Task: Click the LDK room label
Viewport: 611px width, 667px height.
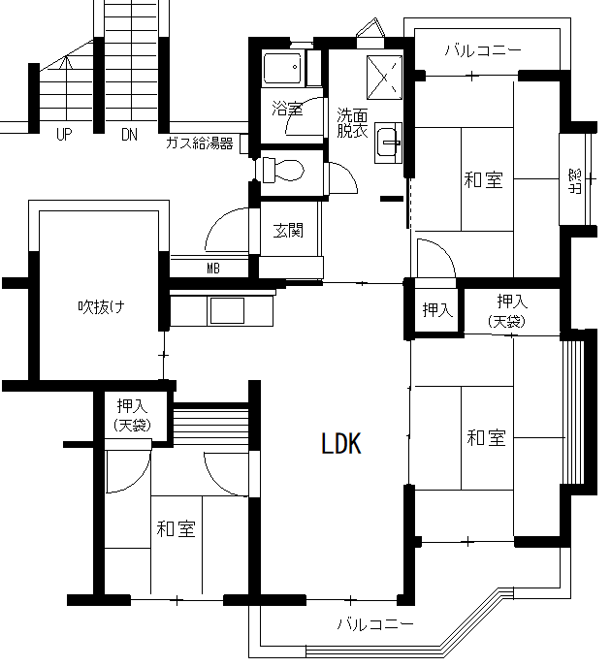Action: click(341, 444)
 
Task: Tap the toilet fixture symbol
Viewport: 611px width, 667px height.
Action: click(281, 171)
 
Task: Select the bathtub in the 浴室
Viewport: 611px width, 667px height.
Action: click(282, 68)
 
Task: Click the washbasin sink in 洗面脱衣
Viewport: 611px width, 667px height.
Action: click(388, 143)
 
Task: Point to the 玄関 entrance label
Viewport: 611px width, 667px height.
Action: click(288, 231)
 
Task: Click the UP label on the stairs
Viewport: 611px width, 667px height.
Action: click(64, 135)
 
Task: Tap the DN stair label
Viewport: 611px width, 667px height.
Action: click(129, 135)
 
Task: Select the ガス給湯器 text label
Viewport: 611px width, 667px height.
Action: click(200, 143)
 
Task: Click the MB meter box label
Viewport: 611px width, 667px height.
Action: click(213, 269)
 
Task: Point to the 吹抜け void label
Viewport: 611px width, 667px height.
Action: click(101, 306)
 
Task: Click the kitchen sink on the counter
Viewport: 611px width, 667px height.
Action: click(226, 310)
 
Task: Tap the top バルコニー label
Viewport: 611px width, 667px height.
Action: click(483, 50)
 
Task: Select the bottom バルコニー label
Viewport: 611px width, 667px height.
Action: click(375, 624)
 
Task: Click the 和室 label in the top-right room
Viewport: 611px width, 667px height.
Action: click(483, 179)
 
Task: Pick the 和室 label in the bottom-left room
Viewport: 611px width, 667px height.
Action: click(176, 528)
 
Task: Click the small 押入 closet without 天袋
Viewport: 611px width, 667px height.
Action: click(437, 309)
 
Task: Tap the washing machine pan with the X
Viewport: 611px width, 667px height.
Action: click(385, 78)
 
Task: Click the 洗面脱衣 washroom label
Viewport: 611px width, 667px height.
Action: click(352, 123)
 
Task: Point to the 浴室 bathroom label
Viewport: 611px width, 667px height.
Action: click(287, 109)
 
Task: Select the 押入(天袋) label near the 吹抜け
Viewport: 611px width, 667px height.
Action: click(132, 415)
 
